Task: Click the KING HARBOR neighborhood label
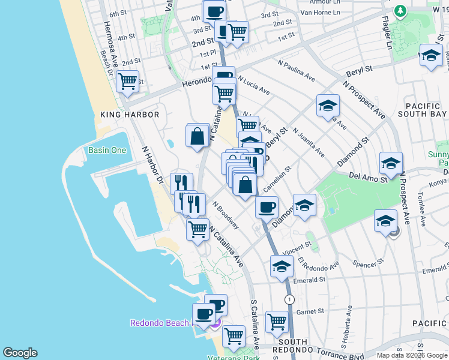pyautogui.click(x=130, y=115)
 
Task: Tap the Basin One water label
pyautogui.click(x=107, y=150)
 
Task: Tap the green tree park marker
pyautogui.click(x=400, y=11)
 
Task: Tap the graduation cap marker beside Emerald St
pyautogui.click(x=281, y=267)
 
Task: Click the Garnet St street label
pyautogui.click(x=310, y=311)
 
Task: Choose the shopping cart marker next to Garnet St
pyautogui.click(x=277, y=321)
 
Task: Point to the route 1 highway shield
pyautogui.click(x=290, y=299)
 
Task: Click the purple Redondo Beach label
pyautogui.click(x=160, y=323)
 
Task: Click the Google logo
pyautogui.click(x=20, y=353)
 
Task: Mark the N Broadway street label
pyautogui.click(x=225, y=215)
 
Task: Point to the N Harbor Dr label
pyautogui.click(x=152, y=164)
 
